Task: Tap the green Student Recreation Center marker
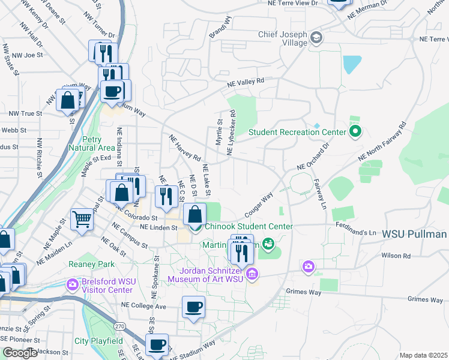[x=355, y=131]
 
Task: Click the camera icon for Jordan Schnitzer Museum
[x=252, y=274]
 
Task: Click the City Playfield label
[x=98, y=341]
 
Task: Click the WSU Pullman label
[x=414, y=233]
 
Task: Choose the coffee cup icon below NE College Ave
[x=193, y=307]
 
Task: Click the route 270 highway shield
[x=121, y=326]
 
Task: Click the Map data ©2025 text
[x=423, y=355]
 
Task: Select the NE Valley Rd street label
[x=245, y=83]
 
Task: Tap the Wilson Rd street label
[x=396, y=255]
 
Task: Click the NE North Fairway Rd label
[x=382, y=142]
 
